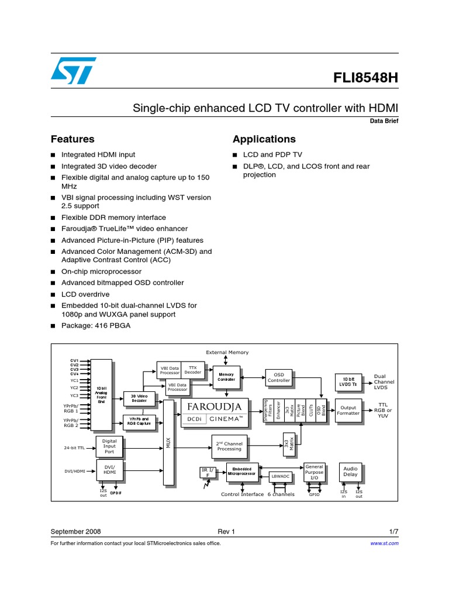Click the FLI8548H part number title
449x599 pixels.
click(365, 78)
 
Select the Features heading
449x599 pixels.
click(72, 139)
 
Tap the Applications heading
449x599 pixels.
click(264, 139)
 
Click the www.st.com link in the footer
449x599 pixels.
click(385, 543)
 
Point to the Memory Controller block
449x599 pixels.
click(226, 377)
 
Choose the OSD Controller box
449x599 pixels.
click(279, 377)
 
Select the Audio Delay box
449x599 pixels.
click(350, 471)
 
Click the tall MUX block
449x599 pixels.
click(168, 443)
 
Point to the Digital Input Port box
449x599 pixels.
click(109, 447)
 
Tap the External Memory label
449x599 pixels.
click(227, 352)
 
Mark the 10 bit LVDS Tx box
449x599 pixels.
click(349, 381)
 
